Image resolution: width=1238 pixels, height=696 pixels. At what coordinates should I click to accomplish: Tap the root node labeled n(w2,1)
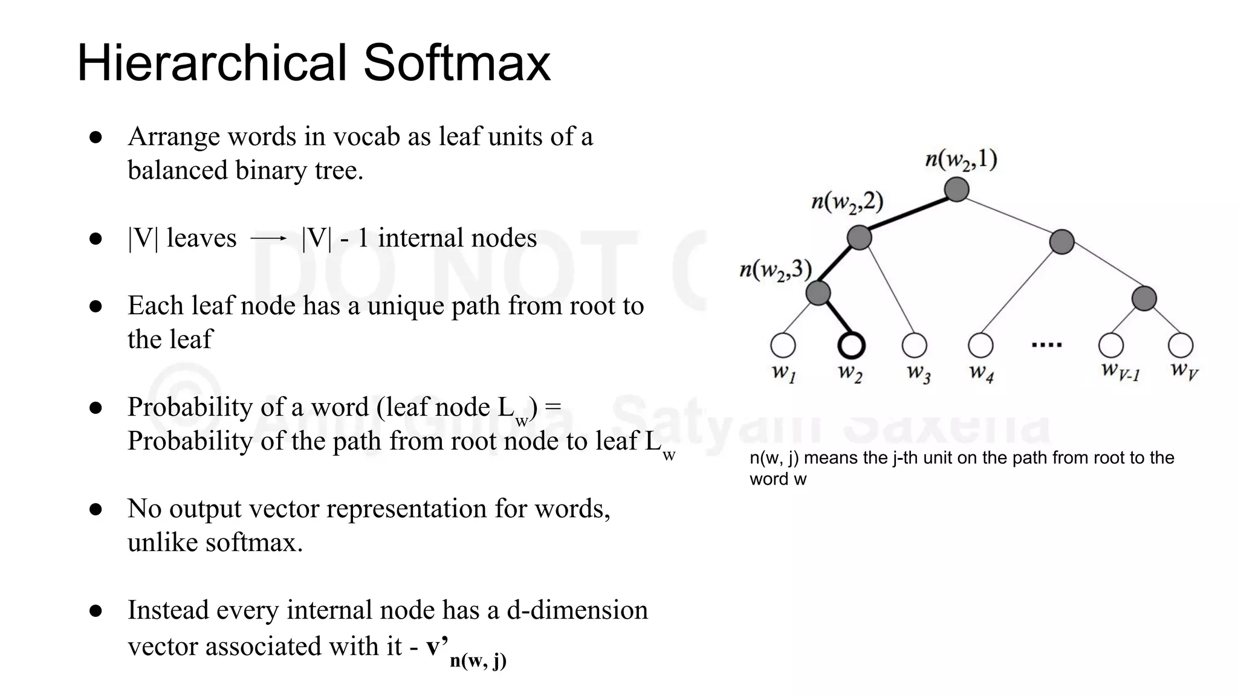tap(956, 189)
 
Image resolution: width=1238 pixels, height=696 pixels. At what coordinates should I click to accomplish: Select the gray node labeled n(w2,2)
tap(859, 237)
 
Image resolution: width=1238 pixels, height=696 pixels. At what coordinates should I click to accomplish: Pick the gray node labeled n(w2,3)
tap(818, 294)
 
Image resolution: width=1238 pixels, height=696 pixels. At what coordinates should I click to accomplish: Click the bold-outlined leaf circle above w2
tap(851, 346)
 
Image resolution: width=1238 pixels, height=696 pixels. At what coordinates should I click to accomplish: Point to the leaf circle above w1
tap(783, 346)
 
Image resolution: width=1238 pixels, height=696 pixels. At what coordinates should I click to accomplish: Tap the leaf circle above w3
tap(914, 346)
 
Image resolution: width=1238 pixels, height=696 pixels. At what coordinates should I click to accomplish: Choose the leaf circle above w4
tap(980, 346)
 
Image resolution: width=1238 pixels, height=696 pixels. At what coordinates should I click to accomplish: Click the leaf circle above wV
tap(1181, 346)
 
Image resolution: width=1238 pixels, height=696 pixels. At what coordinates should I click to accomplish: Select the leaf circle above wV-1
tap(1111, 346)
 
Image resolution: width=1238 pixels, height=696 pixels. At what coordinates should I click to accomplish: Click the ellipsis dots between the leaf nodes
tap(1046, 345)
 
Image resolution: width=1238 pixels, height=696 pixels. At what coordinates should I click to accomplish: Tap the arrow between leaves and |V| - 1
tap(268, 239)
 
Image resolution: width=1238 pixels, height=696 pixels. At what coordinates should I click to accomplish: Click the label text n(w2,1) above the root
tap(961, 159)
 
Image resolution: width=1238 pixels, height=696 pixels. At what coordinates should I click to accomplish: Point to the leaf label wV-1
tap(1120, 370)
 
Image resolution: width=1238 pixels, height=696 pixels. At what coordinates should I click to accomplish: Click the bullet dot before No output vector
tap(96, 509)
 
